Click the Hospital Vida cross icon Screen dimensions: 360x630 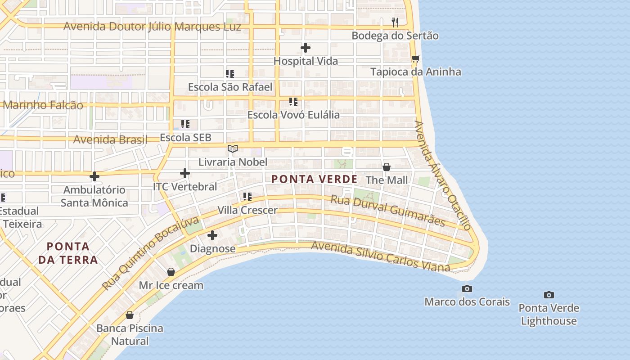pos(306,48)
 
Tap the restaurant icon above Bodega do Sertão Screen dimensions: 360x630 pos(395,22)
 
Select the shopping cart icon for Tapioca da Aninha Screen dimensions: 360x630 pos(416,58)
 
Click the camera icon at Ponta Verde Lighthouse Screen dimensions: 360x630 pos(549,295)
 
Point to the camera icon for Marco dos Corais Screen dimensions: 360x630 pos(467,288)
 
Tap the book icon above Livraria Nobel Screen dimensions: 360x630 pos(232,148)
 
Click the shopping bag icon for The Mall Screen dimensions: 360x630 pos(386,167)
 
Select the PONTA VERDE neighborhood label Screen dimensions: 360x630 pos(315,179)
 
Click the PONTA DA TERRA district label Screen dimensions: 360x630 pos(68,253)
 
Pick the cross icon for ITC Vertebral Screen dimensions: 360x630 pos(184,173)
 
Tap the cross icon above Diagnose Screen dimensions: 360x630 pos(212,235)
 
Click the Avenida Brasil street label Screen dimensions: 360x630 pos(110,139)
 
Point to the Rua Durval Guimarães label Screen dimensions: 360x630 pos(388,211)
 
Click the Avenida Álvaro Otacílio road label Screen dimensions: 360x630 pos(443,175)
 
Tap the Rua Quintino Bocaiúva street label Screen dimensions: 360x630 pos(150,253)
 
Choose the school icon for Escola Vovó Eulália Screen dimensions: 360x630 pos(293,102)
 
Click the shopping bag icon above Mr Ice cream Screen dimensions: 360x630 pos(171,272)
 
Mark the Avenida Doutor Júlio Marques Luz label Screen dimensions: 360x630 pos(152,27)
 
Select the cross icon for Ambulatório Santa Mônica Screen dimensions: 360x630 pos(94,176)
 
